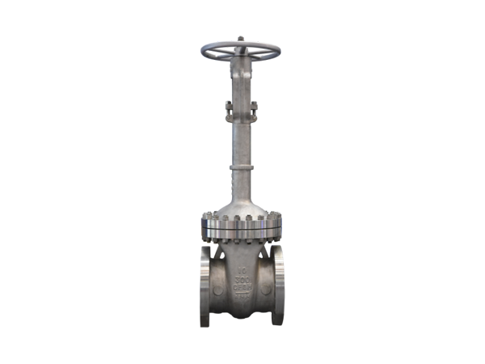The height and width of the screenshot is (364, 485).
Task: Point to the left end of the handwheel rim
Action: click(204, 53)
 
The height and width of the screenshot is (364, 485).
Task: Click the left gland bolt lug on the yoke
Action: click(229, 104)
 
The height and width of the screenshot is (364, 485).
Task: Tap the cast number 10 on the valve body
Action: click(242, 265)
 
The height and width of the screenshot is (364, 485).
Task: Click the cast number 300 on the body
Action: click(242, 277)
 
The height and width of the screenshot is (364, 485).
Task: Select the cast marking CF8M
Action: click(242, 290)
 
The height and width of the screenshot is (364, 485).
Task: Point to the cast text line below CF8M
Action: click(242, 300)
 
